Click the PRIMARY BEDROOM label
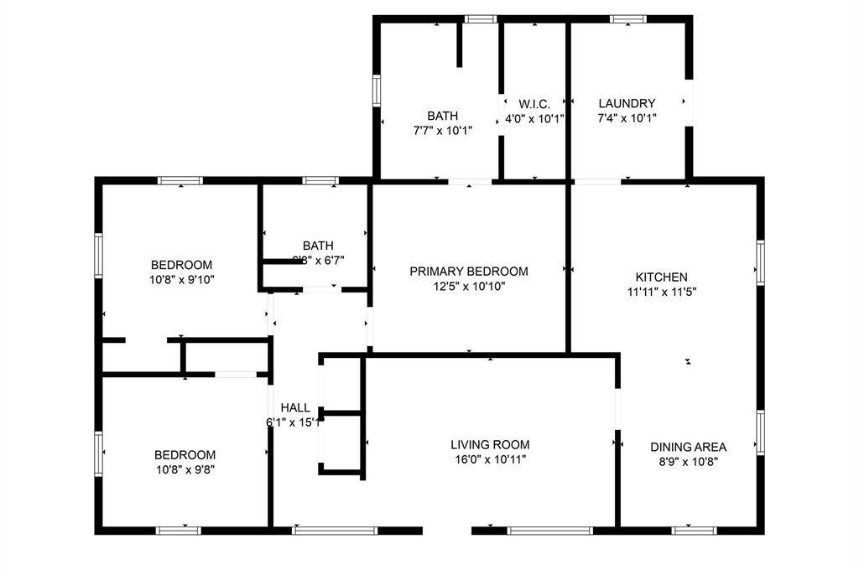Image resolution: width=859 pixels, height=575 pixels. (x=469, y=272)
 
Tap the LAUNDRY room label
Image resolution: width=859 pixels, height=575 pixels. (x=627, y=104)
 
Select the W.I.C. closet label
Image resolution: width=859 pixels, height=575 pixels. (x=534, y=104)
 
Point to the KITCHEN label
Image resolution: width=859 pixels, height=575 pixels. (x=661, y=277)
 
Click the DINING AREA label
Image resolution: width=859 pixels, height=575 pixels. (x=688, y=447)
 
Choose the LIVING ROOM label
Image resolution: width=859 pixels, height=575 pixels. (x=490, y=445)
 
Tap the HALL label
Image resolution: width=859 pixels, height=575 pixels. (x=295, y=407)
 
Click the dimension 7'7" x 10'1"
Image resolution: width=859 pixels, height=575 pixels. (x=443, y=131)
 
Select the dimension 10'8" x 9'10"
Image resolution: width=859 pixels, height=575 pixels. (x=181, y=280)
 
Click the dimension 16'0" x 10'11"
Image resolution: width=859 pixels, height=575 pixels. (x=490, y=459)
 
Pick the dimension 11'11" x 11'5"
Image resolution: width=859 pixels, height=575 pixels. (x=661, y=292)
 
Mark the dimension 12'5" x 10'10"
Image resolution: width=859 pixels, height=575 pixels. (x=469, y=286)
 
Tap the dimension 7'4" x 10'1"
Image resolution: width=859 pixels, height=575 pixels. (x=627, y=118)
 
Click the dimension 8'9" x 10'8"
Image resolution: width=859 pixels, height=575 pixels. (x=688, y=461)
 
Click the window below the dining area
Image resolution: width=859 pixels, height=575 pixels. (x=695, y=530)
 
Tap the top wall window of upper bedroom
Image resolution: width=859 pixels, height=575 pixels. (x=180, y=180)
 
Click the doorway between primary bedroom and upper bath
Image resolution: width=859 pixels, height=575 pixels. (x=469, y=180)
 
